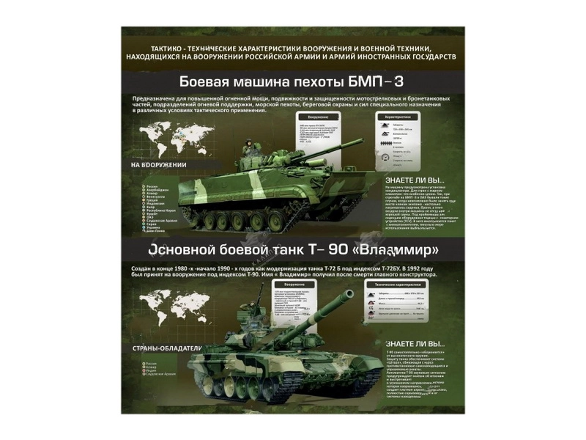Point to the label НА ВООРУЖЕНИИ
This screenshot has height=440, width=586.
pyautogui.click(x=159, y=165)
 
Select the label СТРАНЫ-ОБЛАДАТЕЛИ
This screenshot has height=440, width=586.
pyautogui.click(x=166, y=348)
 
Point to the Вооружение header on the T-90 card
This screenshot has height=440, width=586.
pyautogui.click(x=294, y=284)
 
